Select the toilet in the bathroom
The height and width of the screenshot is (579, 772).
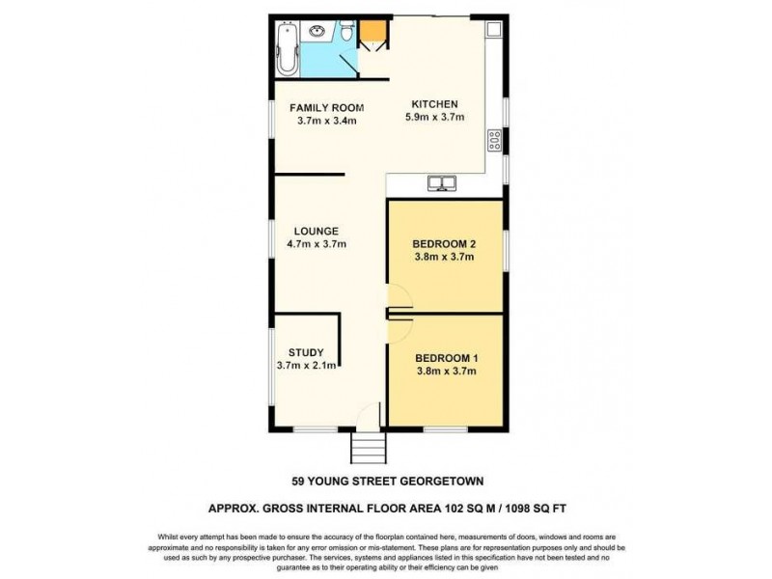(345, 35)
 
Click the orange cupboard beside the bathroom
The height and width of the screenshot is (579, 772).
(372, 35)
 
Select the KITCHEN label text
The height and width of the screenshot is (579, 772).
(434, 104)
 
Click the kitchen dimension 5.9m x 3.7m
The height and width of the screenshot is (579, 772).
(434, 118)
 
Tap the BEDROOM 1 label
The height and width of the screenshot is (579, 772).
(445, 358)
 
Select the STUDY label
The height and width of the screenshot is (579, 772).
(305, 352)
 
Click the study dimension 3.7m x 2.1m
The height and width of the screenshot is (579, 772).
(305, 366)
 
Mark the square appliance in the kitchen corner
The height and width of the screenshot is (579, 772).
(493, 30)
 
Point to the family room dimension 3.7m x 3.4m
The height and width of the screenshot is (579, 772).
(328, 121)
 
